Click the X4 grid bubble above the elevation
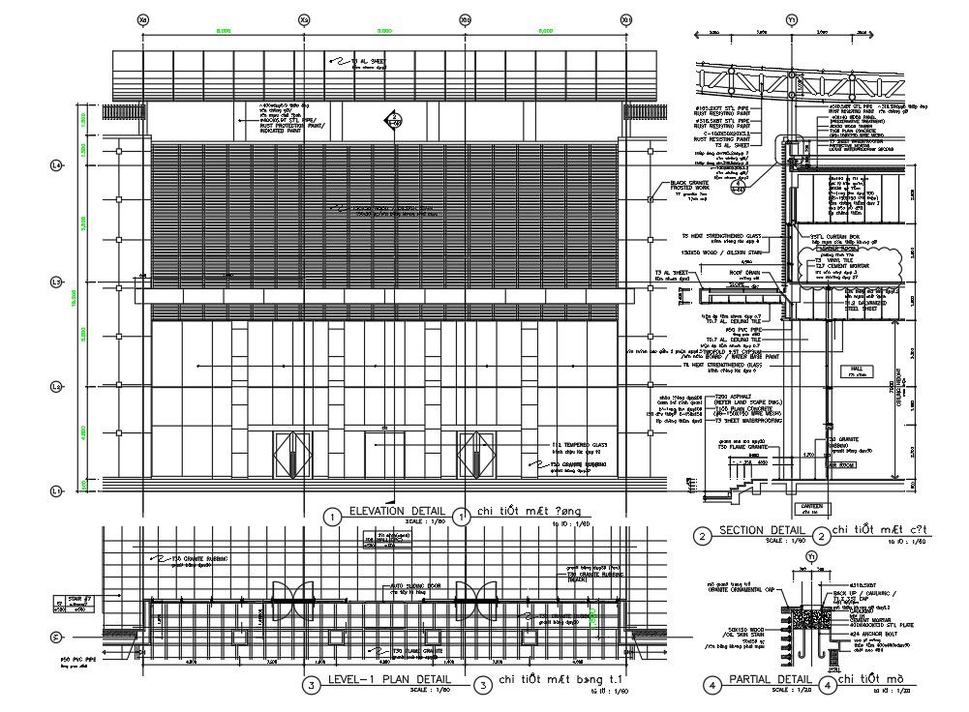pyautogui.click(x=143, y=18)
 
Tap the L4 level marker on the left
pyautogui.click(x=55, y=166)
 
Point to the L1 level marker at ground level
pyautogui.click(x=55, y=491)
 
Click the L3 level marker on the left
pyautogui.click(x=55, y=282)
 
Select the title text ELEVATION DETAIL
pyautogui.click(x=397, y=512)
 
